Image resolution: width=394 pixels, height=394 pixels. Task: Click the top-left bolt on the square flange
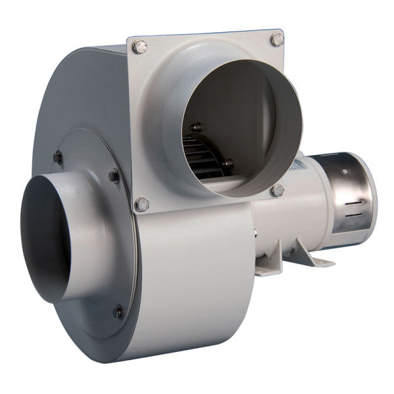point(140,47)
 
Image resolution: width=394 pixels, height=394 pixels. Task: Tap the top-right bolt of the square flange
point(276,39)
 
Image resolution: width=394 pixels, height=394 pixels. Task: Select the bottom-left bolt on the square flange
point(141,204)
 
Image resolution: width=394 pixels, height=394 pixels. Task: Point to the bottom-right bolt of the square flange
point(277,190)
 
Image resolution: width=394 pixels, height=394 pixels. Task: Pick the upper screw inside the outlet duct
point(195,126)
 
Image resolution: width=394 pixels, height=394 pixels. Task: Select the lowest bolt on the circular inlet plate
point(118,311)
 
